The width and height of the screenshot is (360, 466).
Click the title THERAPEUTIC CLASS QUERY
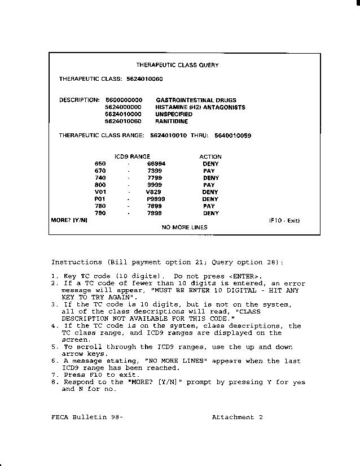point(177,65)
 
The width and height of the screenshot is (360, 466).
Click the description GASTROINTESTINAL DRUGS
point(196,100)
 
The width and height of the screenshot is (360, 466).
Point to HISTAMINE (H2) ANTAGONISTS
point(200,107)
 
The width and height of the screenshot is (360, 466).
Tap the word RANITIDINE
point(172,121)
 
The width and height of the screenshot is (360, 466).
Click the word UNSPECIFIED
point(173,114)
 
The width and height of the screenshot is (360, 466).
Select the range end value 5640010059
point(232,136)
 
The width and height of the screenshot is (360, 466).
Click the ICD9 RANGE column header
point(132,156)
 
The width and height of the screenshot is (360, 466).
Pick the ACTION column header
point(210,156)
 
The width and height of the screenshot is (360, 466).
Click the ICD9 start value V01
point(100,192)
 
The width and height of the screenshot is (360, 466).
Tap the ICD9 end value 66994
point(156,164)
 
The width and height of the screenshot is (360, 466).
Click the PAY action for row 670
point(209,171)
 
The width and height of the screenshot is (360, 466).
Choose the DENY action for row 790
point(210,214)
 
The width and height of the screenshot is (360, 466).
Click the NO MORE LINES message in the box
point(185,227)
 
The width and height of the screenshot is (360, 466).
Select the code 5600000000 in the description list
point(124,100)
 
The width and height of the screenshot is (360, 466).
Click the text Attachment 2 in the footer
point(237,417)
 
